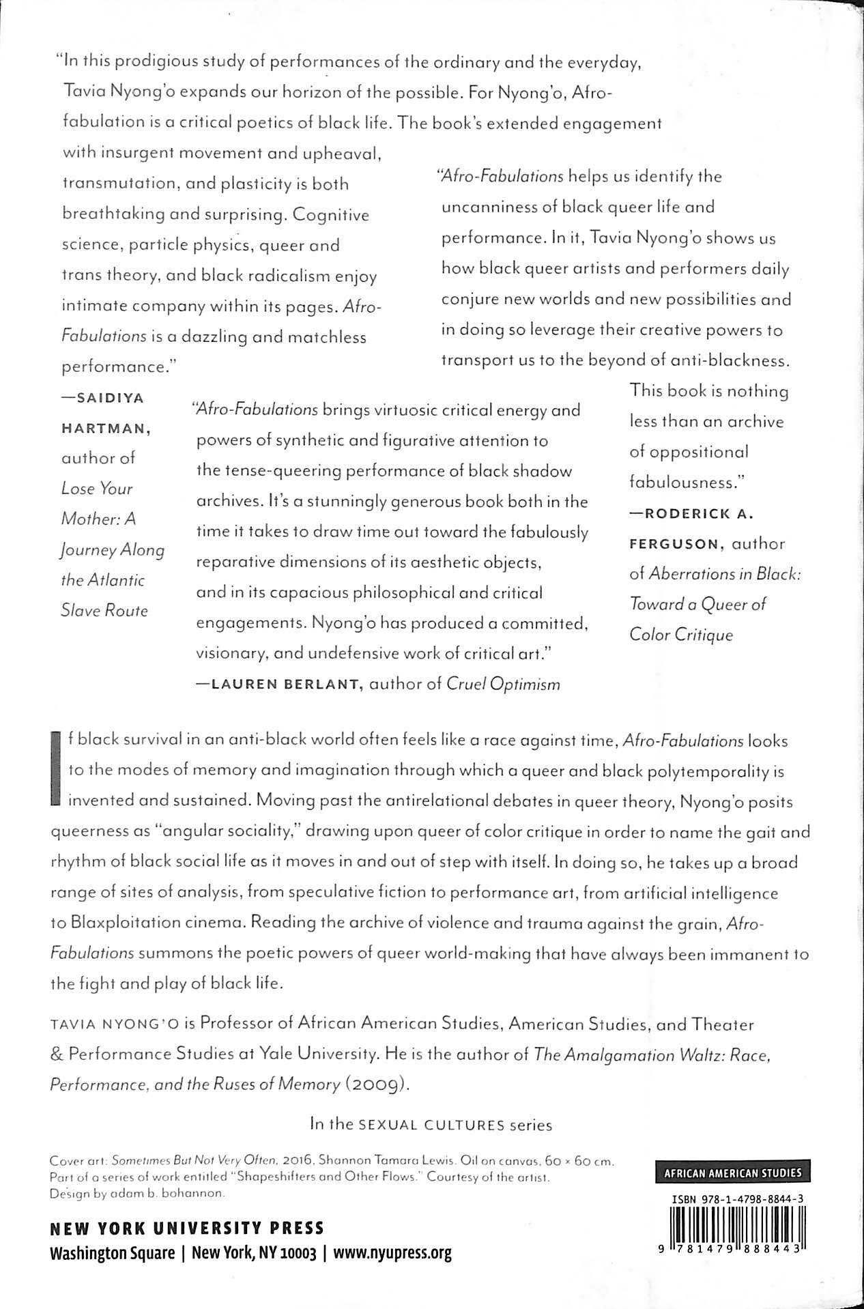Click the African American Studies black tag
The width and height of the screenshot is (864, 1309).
tap(732, 1173)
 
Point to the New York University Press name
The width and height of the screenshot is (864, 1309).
tap(187, 1228)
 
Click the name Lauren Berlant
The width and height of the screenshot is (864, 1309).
tap(286, 685)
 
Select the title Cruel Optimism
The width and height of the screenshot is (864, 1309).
tap(503, 685)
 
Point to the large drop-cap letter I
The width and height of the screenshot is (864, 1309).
tap(57, 770)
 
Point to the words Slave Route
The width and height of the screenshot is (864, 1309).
tap(104, 611)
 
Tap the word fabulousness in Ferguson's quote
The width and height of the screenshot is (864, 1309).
tap(685, 483)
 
